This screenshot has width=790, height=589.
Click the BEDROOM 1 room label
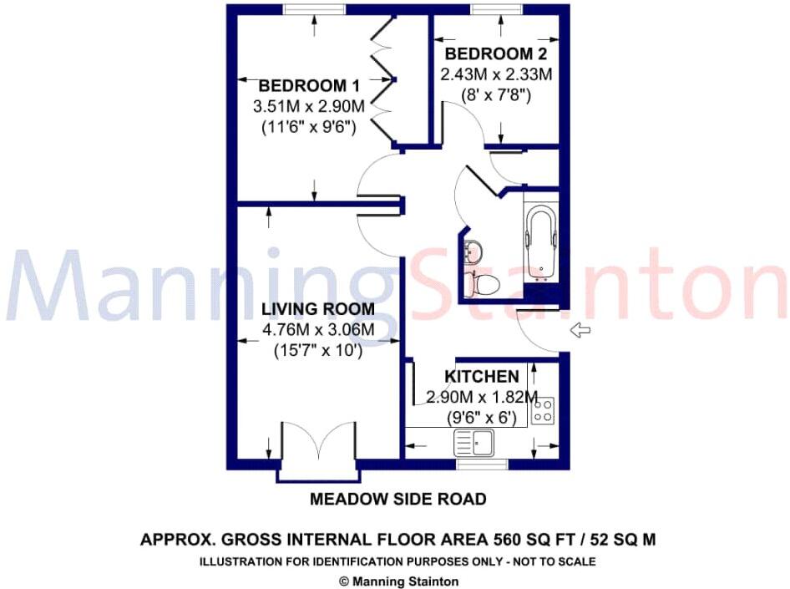click(308, 86)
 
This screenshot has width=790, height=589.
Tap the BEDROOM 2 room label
click(496, 54)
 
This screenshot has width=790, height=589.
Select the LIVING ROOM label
click(318, 309)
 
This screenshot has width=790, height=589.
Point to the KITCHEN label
click(481, 377)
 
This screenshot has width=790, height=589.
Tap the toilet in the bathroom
click(484, 284)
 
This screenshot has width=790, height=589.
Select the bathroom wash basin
click(473, 251)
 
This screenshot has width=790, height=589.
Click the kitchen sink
click(473, 441)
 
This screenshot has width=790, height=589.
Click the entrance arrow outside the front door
click(580, 331)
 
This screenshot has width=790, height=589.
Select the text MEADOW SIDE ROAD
click(398, 500)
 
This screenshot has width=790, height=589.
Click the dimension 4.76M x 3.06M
click(318, 331)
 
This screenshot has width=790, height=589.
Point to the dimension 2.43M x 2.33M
click(496, 74)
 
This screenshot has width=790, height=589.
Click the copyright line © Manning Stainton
click(398, 581)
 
